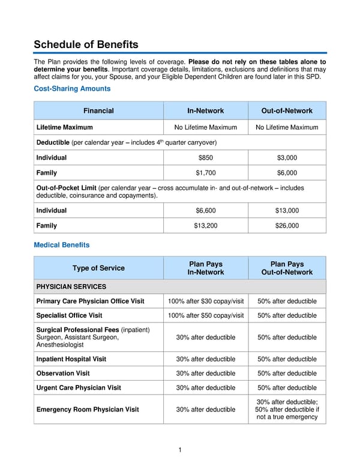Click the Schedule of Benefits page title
[86, 44]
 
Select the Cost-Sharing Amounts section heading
[72, 88]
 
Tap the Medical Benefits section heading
[62, 244]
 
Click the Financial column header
[98, 110]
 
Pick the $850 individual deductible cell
[205, 157]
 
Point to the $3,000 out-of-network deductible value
[287, 157]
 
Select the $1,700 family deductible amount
[205, 173]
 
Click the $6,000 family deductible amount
[287, 173]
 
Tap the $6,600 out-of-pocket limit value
[205, 211]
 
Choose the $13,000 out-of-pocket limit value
[287, 211]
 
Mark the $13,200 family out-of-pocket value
[205, 226]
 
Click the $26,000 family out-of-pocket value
[287, 226]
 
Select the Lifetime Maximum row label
[65, 127]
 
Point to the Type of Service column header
[98, 268]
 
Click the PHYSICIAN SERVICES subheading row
[71, 286]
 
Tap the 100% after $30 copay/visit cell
[205, 301]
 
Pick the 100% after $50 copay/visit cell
[205, 315]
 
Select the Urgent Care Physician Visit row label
[79, 387]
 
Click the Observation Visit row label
[64, 373]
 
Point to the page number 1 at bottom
[180, 450]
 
